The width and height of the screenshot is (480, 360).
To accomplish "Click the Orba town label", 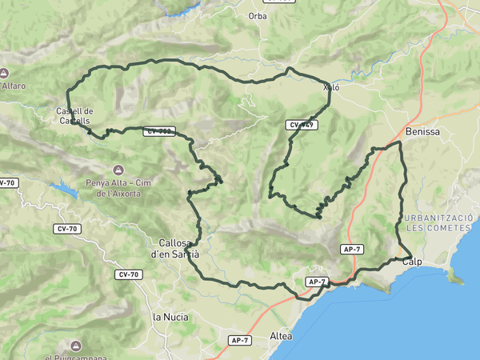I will click(257, 16).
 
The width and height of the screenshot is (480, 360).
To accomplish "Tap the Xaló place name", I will click(331, 87).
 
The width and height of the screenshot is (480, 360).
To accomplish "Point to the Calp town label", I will click(412, 262).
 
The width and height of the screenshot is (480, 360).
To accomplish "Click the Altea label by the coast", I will click(281, 335).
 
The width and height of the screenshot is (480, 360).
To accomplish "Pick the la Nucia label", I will click(170, 317).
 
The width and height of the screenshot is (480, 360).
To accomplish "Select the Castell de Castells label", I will click(74, 116).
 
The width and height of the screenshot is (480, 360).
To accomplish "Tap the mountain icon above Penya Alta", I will click(119, 170).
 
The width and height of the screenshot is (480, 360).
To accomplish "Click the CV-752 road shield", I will click(160, 131).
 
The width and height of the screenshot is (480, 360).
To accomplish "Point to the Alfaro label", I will click(13, 86).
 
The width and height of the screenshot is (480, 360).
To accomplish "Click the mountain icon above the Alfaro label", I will click(5, 73).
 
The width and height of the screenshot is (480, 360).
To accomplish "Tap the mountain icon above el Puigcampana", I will click(75, 346).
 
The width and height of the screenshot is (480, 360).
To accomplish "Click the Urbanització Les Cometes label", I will click(438, 222).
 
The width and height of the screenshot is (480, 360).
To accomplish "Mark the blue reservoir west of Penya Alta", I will click(61, 189).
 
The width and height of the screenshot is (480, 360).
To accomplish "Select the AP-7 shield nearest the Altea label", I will click(241, 341).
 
